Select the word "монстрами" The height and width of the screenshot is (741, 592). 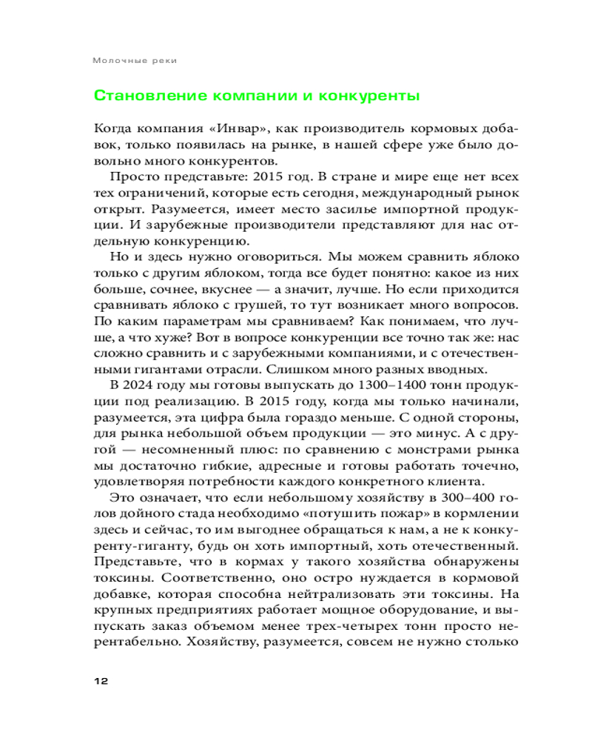(x=395, y=450)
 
